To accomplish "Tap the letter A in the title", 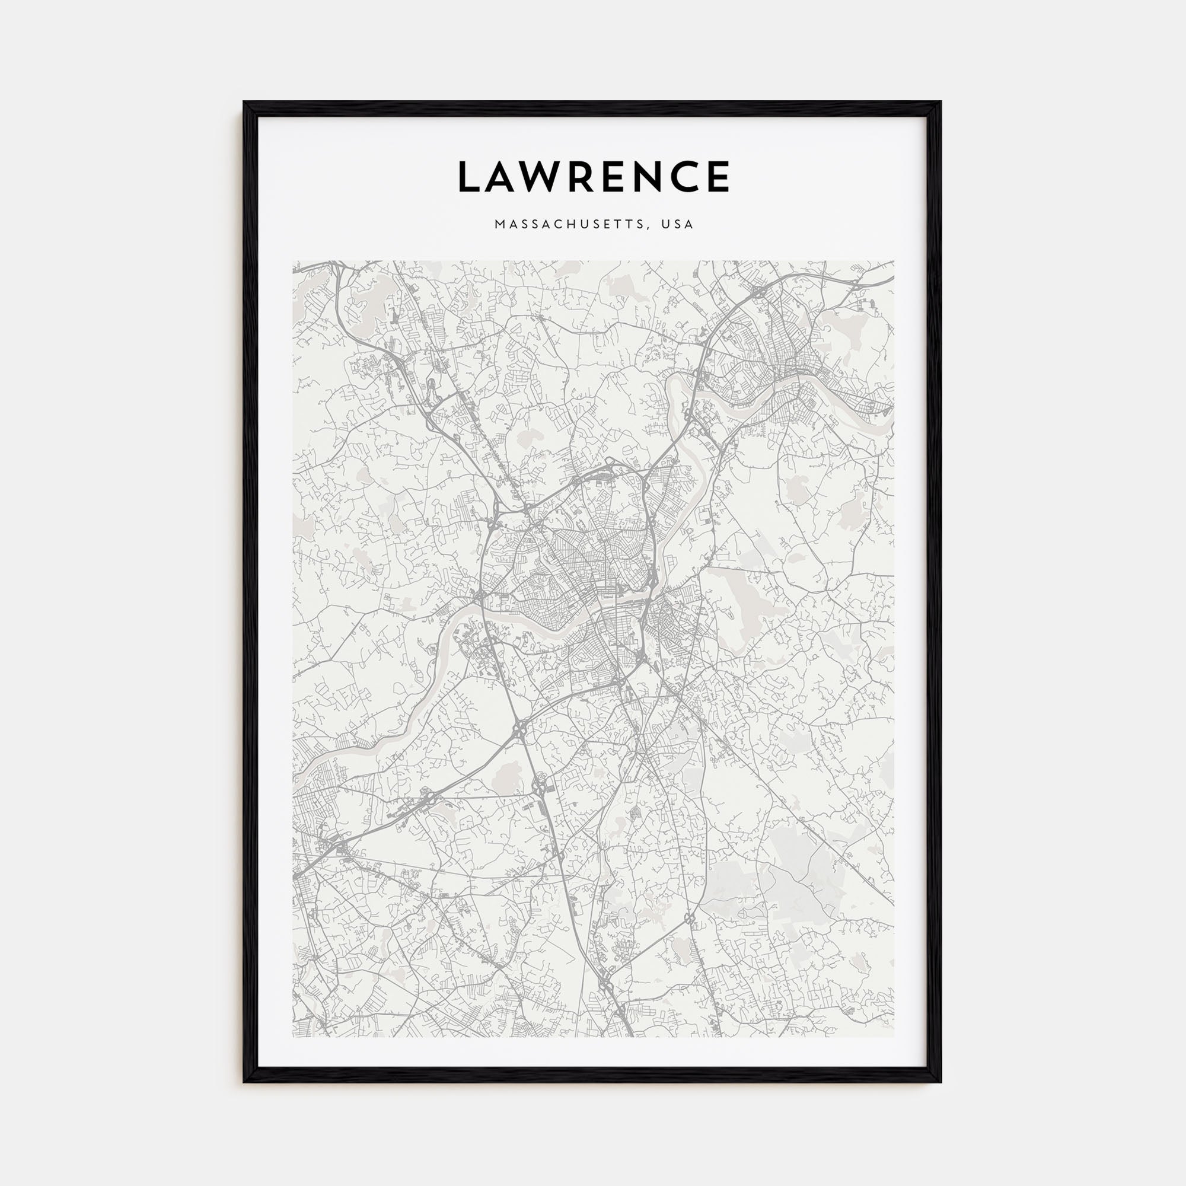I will pyautogui.click(x=505, y=177).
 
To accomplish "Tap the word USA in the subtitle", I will pyautogui.click(x=677, y=225).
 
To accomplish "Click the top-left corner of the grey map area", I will pyautogui.click(x=294, y=261).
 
